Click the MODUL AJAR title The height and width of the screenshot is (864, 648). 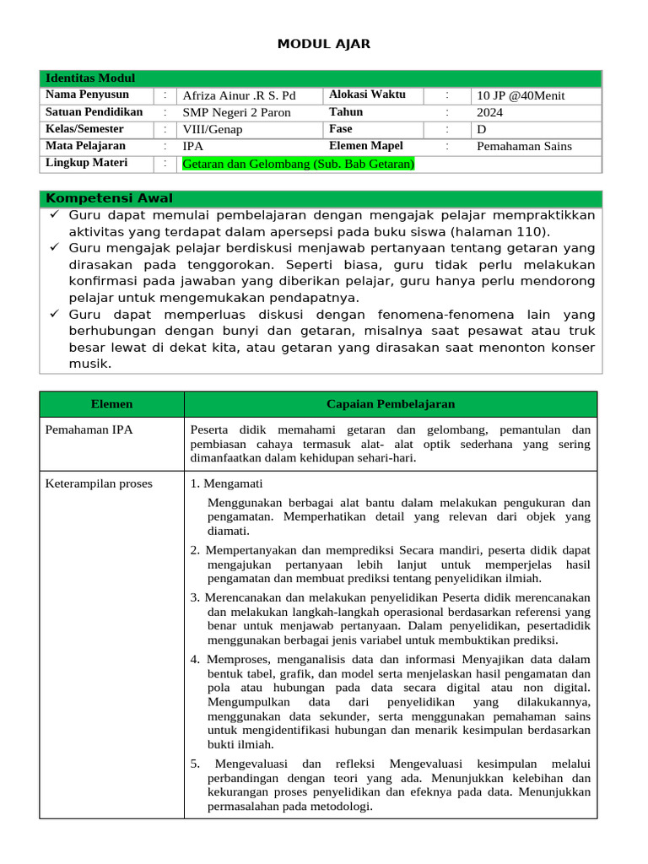point(324,44)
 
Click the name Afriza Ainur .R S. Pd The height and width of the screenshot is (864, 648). point(240,95)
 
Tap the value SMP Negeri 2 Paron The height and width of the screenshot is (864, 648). point(237,112)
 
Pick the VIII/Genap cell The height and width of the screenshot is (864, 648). point(213,129)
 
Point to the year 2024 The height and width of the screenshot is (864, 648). point(490,112)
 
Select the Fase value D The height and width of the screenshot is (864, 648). point(482,129)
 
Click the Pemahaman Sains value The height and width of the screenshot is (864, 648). point(524,146)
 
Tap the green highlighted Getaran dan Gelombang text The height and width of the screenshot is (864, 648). point(299,164)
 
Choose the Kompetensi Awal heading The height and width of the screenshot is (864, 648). point(107,198)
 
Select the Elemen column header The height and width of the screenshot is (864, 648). point(111,404)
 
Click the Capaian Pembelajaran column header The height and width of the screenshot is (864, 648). point(391,404)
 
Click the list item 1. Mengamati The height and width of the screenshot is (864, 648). point(227,483)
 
